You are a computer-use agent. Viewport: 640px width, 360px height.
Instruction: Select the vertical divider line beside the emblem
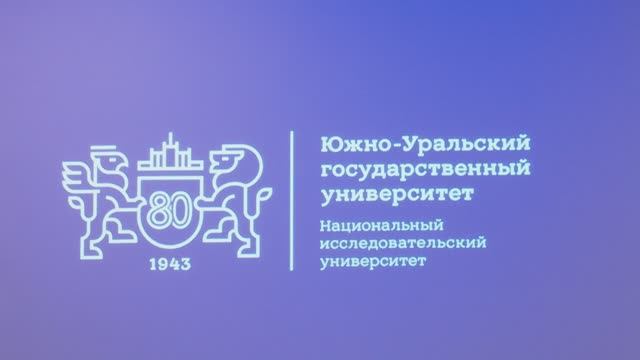tap(291, 200)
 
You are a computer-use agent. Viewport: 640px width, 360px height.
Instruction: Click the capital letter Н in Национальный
tap(321, 223)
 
